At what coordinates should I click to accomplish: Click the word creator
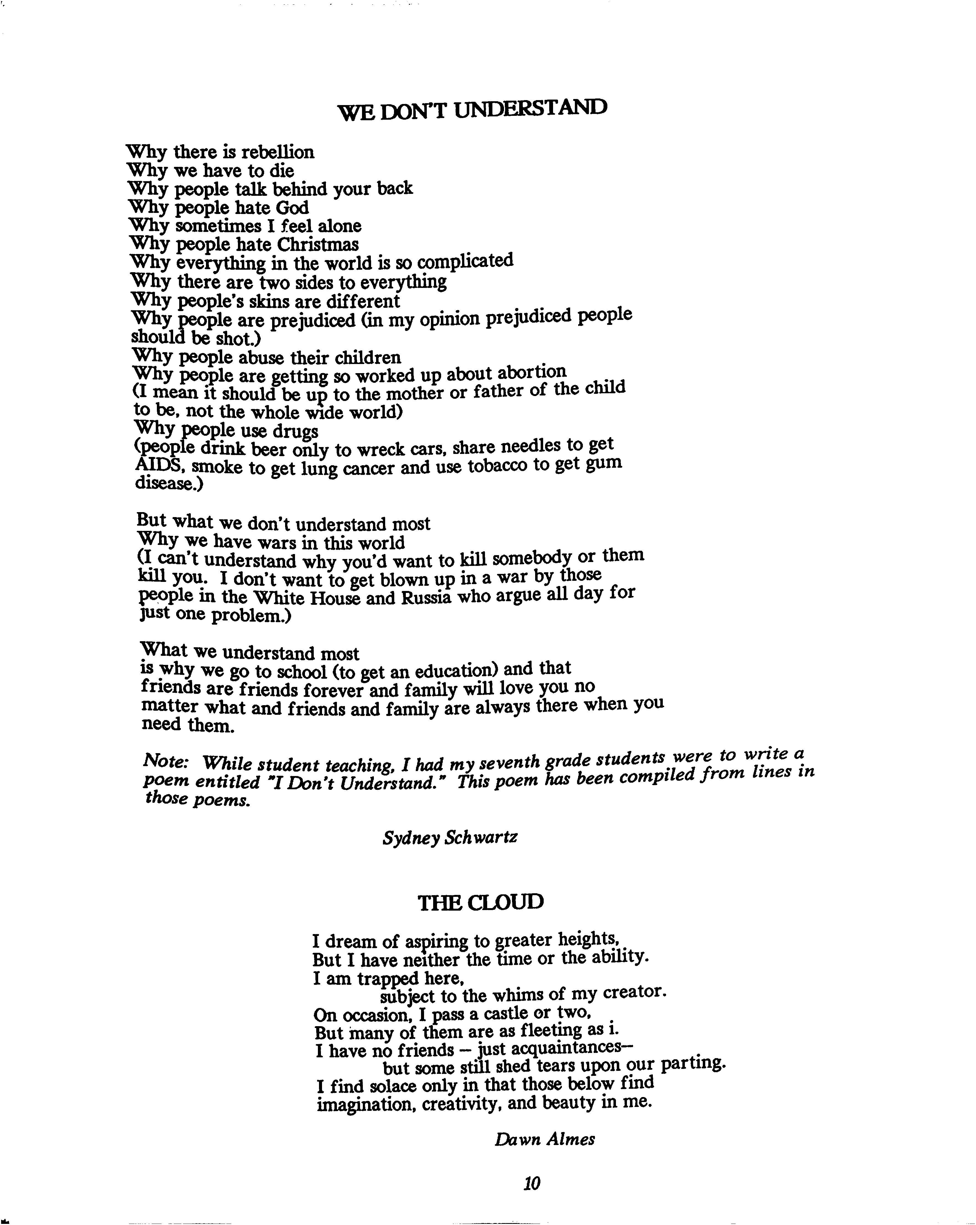click(634, 992)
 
